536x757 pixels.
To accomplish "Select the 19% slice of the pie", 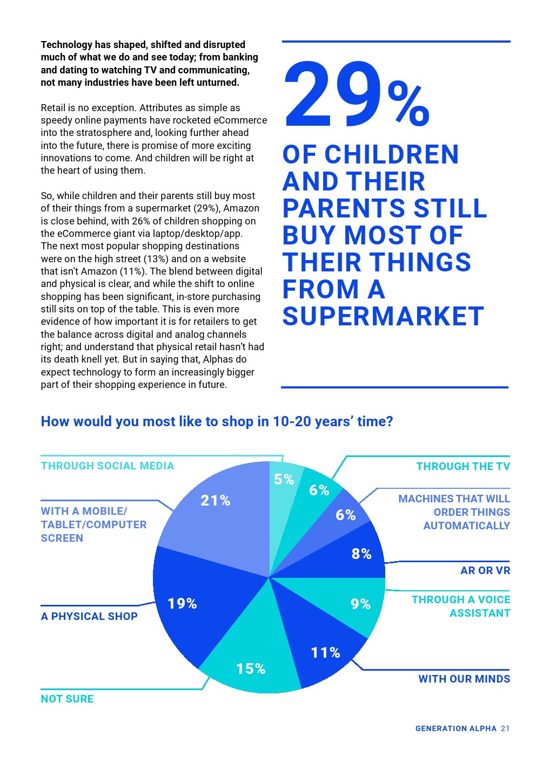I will point(189,599).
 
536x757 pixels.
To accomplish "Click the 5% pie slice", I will point(284,483).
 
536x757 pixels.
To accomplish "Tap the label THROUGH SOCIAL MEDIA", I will point(108,466).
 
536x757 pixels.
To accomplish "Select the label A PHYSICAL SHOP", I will point(89,616).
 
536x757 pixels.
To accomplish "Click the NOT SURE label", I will point(67,699).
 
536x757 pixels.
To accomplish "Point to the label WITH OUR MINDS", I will point(464,679).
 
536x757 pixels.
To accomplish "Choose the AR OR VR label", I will point(485,570).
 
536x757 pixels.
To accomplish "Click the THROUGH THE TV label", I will point(463,466).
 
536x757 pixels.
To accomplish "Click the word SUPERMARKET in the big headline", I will point(383,316).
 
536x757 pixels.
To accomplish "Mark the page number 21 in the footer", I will point(505,728).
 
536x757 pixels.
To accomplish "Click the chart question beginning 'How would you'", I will point(217,421).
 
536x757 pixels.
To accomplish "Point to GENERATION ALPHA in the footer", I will point(455,728).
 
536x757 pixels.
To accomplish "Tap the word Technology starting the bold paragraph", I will point(66,45).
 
